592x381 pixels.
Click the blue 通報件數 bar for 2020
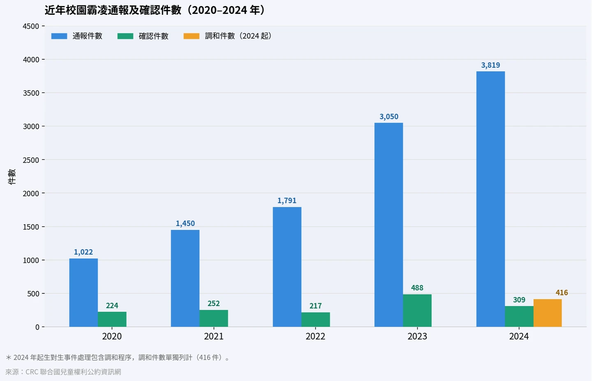coord(83,293)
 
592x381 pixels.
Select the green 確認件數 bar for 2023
coord(417,310)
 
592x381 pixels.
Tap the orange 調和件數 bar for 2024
coord(548,313)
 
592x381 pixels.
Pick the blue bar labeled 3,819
coord(490,199)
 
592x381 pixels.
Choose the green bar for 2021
coord(214,318)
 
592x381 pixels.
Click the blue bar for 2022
coord(287,267)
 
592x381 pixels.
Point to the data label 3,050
coord(389,116)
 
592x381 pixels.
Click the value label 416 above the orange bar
coord(562,293)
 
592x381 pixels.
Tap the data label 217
coord(315,306)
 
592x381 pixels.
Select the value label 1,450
coord(185,223)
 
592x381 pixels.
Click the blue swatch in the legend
coord(59,36)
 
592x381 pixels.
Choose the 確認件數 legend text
coord(153,36)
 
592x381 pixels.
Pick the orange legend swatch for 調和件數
coord(191,36)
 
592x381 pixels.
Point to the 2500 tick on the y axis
coord(31,160)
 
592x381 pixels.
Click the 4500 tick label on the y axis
coord(31,26)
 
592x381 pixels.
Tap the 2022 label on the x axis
coord(315,336)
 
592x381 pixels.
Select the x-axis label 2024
coord(519,336)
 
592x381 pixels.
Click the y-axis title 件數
coord(12,177)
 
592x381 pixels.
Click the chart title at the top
coord(155,10)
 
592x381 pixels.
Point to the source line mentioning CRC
coord(63,372)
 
